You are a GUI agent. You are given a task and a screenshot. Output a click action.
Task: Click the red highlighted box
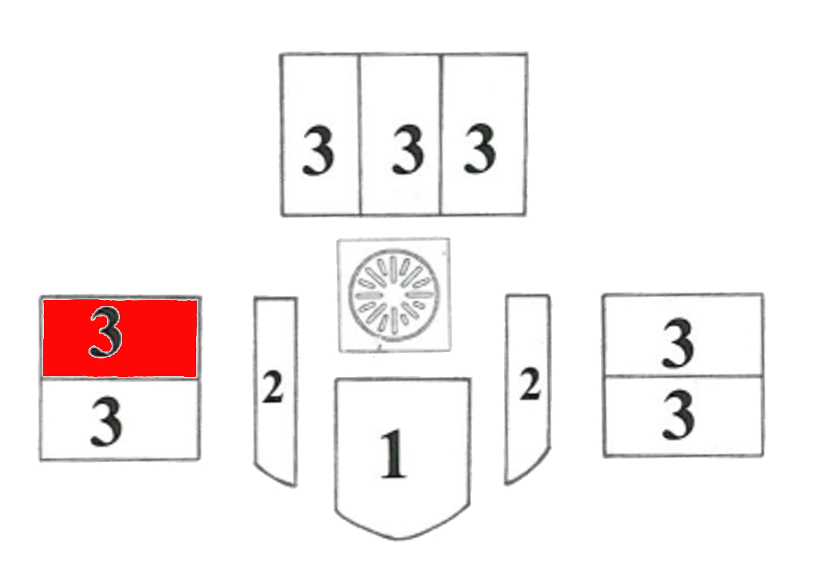click(120, 338)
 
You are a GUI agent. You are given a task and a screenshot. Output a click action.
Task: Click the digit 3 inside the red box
click(106, 332)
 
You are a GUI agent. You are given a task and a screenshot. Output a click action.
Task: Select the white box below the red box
click(120, 419)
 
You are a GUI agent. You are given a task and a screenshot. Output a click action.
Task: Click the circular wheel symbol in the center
click(394, 296)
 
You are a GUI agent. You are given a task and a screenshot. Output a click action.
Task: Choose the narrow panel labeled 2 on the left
click(276, 391)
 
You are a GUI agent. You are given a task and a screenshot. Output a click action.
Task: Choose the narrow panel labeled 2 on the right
click(527, 389)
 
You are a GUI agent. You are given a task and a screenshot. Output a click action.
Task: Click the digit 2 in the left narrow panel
click(273, 387)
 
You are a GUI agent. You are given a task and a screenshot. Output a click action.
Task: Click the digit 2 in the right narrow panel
click(529, 384)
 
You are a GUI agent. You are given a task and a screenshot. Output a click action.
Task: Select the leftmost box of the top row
click(320, 135)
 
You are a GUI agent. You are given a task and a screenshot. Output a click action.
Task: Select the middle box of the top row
click(400, 135)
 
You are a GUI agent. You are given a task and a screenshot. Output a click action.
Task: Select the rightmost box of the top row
click(484, 135)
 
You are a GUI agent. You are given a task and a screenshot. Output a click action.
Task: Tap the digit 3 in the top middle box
click(408, 149)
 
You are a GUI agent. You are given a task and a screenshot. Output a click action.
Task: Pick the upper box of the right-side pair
click(683, 335)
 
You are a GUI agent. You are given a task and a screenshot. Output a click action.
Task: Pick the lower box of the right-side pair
click(684, 416)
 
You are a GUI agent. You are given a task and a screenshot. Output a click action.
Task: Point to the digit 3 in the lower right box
click(678, 415)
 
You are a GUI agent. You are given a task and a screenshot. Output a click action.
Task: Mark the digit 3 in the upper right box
click(678, 343)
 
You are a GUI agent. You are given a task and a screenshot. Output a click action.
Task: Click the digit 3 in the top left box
click(318, 150)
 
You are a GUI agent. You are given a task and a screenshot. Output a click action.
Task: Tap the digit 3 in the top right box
click(480, 148)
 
